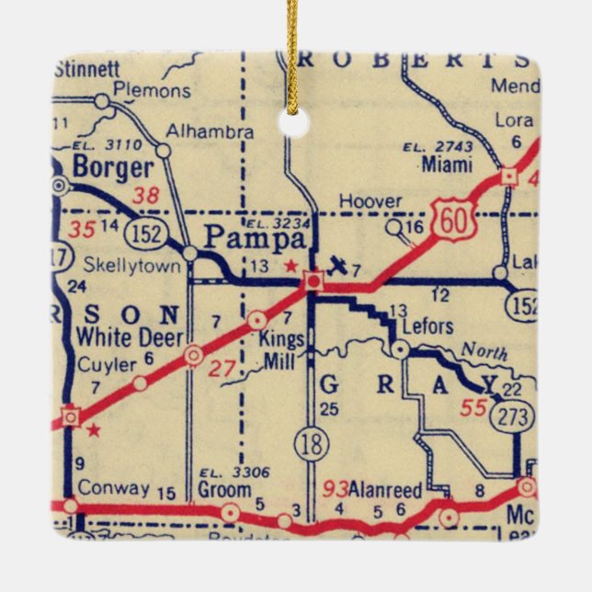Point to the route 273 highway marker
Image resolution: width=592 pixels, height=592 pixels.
pos(513,416)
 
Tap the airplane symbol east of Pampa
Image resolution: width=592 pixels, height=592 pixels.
pos(339,268)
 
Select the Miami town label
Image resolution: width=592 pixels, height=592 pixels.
pos(448,165)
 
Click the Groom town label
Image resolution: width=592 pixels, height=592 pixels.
pos(224,491)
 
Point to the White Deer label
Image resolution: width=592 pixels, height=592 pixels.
pos(118,336)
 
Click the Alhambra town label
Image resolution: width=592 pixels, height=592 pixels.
pos(217,131)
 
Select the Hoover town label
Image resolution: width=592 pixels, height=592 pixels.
pos(370,200)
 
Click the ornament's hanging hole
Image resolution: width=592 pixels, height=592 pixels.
pos(294,123)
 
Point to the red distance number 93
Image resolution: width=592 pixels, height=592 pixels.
pos(336,488)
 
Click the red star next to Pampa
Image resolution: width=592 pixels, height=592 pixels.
pos(291,266)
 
